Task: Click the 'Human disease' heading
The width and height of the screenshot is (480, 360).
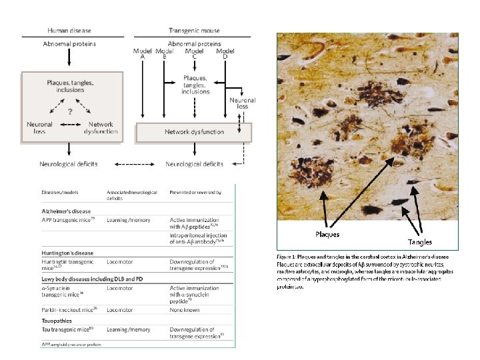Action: (x=70, y=31)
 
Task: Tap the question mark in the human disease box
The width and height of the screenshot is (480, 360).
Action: (x=69, y=112)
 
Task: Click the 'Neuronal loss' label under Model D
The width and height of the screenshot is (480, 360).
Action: (x=243, y=105)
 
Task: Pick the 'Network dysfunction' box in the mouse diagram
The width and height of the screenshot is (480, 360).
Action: (x=194, y=132)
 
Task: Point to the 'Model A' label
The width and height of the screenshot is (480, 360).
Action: (x=143, y=54)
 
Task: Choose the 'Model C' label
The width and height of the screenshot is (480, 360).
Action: (x=194, y=54)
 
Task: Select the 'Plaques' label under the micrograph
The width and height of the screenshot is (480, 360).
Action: (x=327, y=234)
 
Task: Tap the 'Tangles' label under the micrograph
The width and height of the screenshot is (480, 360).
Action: (x=420, y=242)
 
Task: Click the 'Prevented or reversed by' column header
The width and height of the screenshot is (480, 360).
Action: (x=195, y=193)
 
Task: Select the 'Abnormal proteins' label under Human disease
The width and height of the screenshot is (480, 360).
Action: (x=70, y=44)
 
